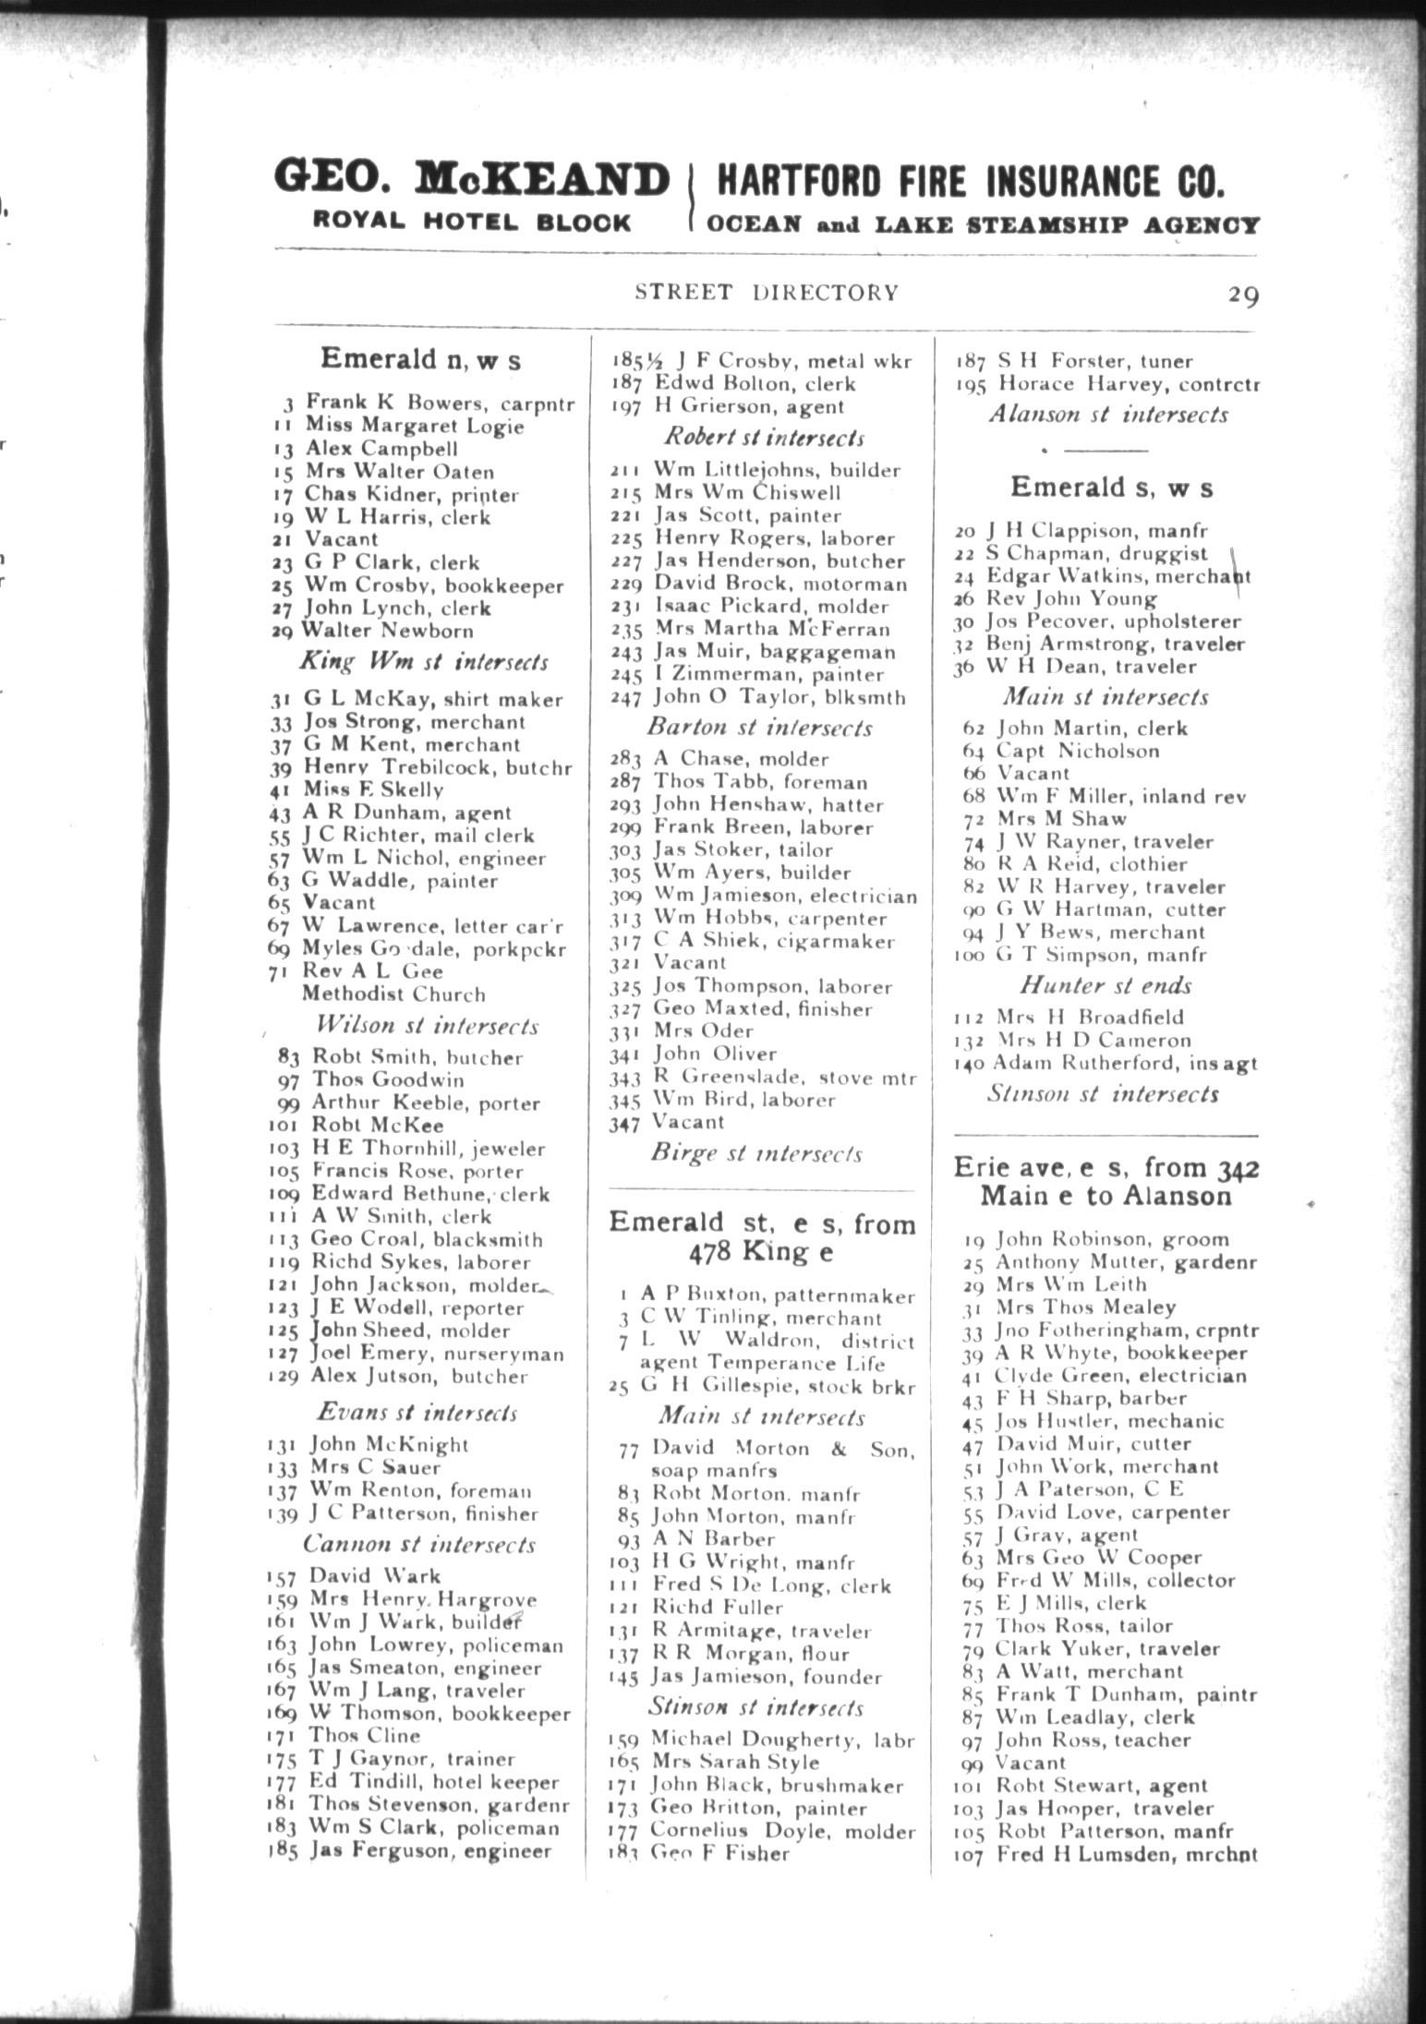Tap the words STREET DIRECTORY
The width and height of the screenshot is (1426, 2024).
(x=766, y=293)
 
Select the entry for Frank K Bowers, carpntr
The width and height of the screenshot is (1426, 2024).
(x=440, y=403)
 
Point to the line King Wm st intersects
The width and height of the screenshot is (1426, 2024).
(x=423, y=662)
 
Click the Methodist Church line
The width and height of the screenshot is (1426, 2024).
(x=393, y=994)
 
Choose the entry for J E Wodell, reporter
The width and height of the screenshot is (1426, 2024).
(x=417, y=1308)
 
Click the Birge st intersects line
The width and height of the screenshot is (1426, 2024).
(x=756, y=1154)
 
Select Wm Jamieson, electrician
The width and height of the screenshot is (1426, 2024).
(x=785, y=896)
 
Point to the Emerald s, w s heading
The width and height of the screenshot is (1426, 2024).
(x=1111, y=488)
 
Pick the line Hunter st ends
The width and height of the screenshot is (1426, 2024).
(x=1106, y=985)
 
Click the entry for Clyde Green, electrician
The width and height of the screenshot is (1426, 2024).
(x=1119, y=1376)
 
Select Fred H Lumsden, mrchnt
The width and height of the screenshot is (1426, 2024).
(x=1126, y=1854)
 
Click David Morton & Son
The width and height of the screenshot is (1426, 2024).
(x=783, y=1450)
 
